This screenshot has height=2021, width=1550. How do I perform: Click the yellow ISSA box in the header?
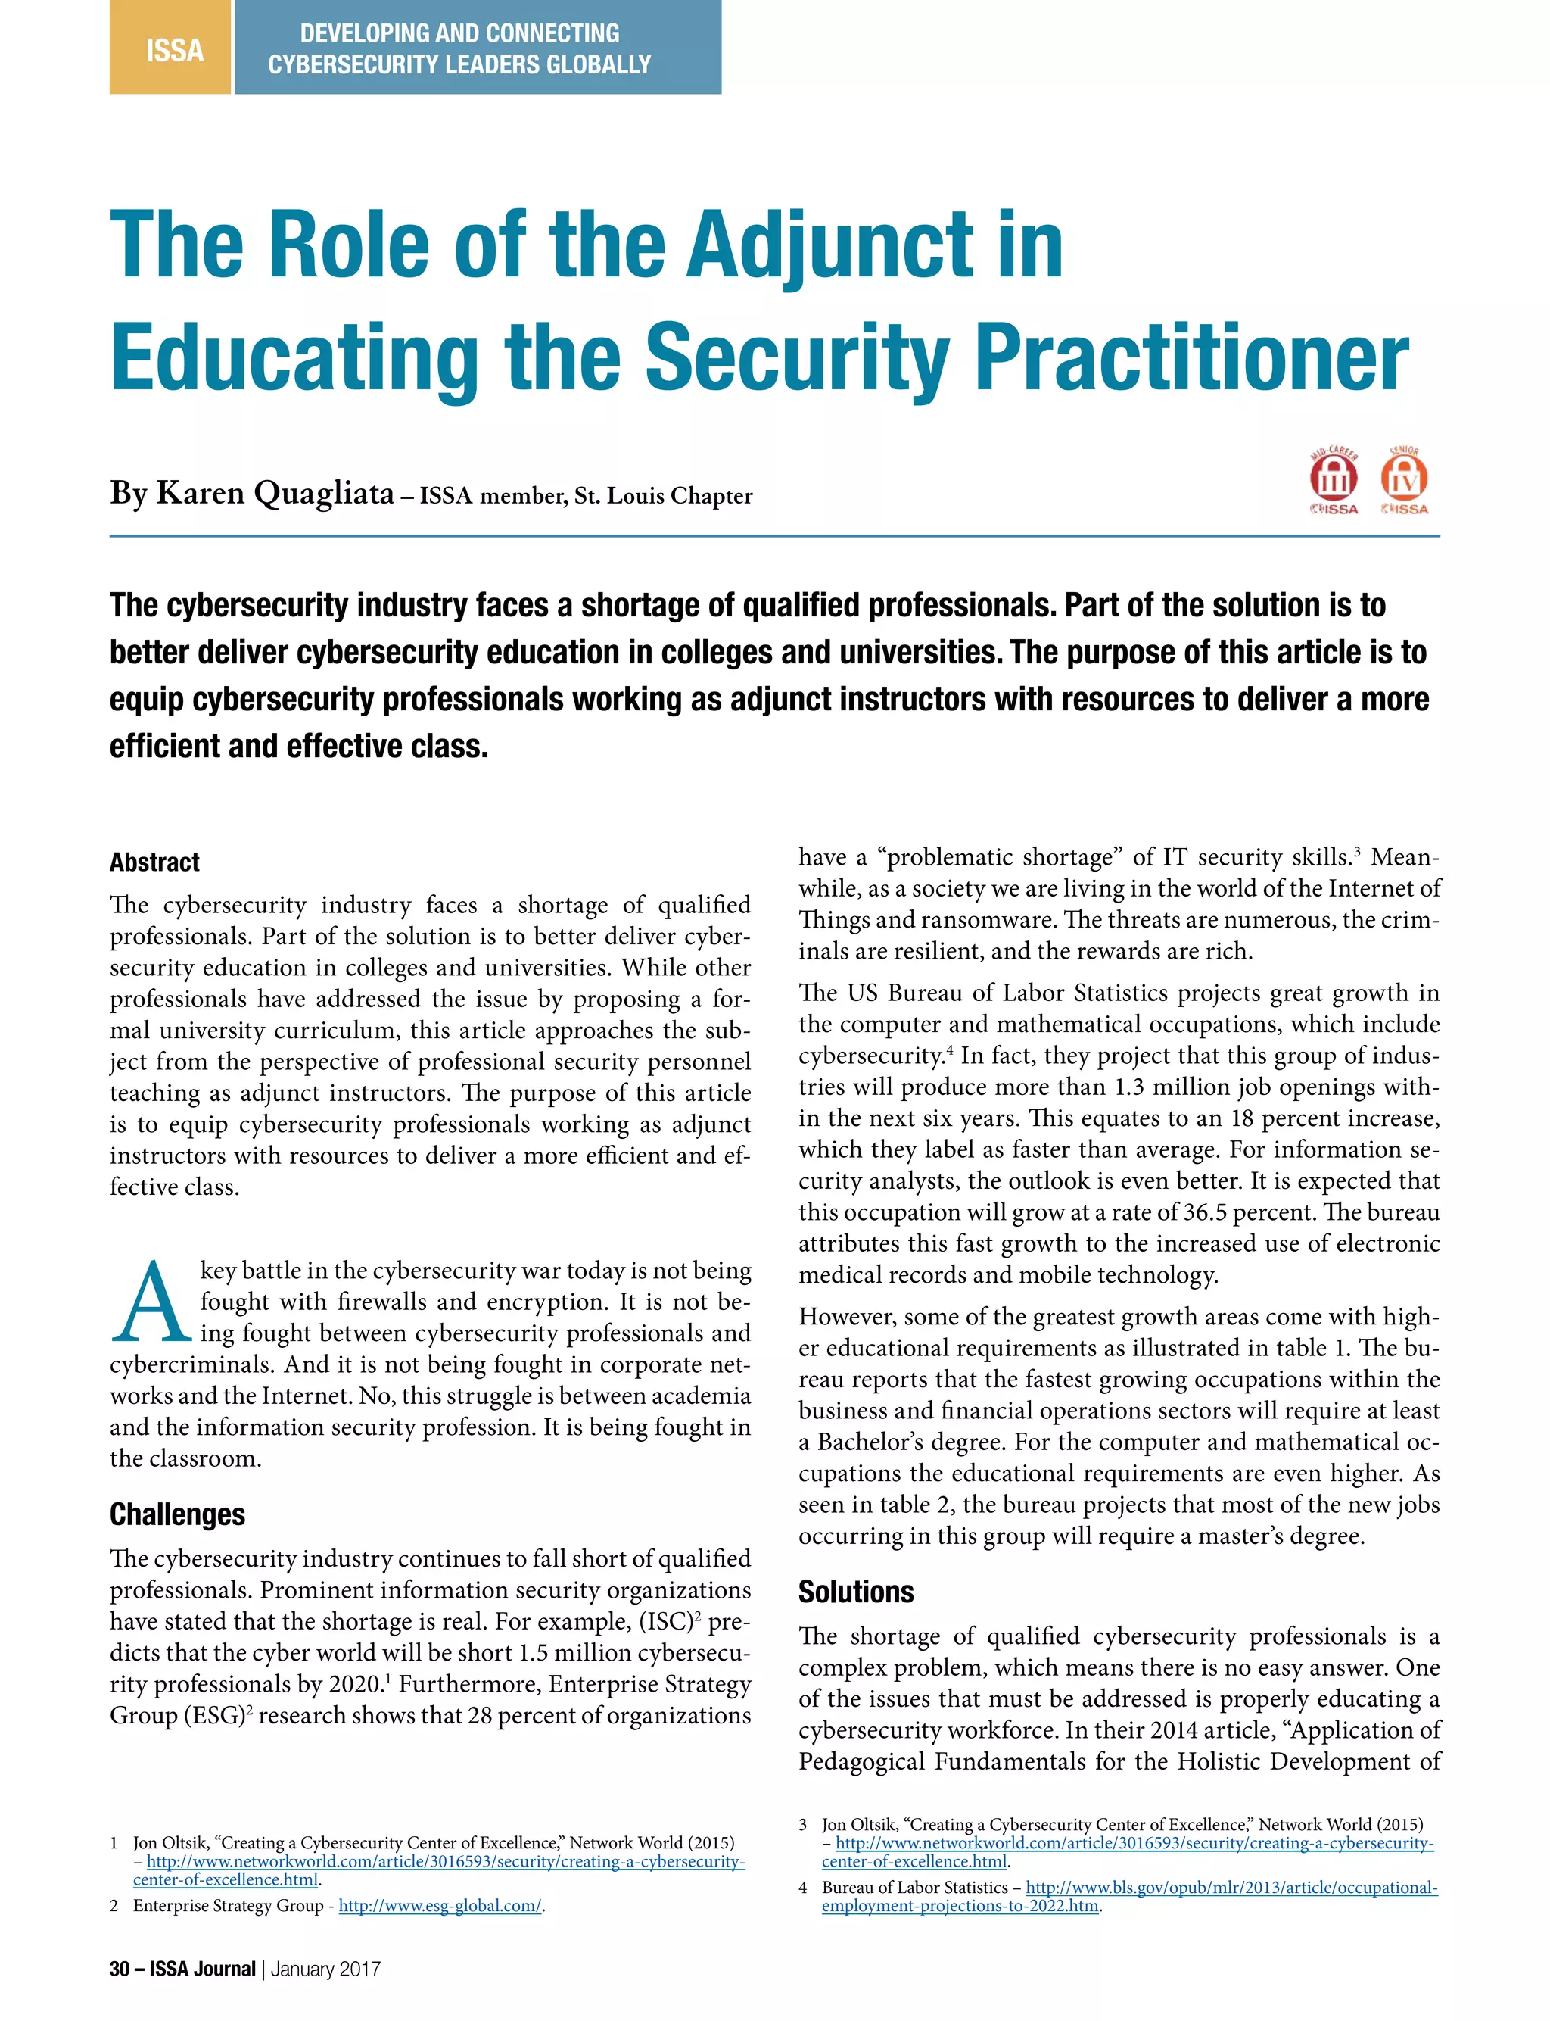pos(171,48)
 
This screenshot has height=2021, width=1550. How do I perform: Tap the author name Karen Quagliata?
pos(275,494)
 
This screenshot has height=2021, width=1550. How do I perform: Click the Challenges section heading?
pos(177,1514)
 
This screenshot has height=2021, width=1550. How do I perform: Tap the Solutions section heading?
pos(855,1592)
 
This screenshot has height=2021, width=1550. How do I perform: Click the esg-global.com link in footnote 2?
pos(440,1906)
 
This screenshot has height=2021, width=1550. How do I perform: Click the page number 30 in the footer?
pos(119,1969)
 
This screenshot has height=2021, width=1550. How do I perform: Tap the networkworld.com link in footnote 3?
pos(1134,1843)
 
